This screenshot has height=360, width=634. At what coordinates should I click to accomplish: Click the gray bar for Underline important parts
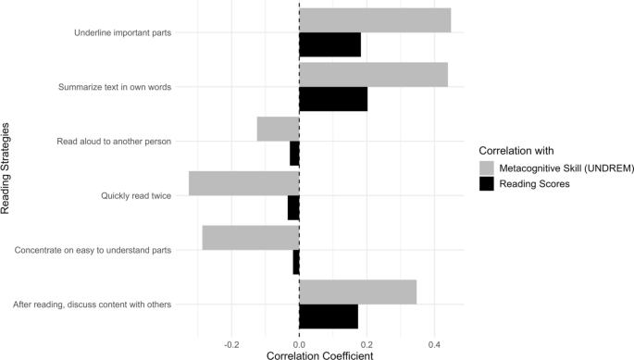tap(375, 20)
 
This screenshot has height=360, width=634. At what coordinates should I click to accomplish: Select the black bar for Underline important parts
tap(329, 44)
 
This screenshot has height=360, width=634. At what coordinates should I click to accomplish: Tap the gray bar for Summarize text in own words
tap(373, 75)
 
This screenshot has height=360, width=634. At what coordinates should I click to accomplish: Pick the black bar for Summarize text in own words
tap(333, 99)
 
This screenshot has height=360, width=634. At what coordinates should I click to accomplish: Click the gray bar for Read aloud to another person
tap(278, 129)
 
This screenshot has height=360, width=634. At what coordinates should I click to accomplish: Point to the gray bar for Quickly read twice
tap(243, 183)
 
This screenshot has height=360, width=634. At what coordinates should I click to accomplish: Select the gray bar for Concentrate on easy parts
tap(250, 238)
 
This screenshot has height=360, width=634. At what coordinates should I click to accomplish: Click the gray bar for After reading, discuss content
tap(357, 292)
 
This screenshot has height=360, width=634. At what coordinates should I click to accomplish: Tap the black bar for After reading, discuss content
tap(329, 316)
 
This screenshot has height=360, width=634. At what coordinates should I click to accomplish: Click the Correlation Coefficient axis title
tap(319, 354)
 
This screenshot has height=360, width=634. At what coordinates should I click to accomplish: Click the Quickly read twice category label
tap(135, 196)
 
